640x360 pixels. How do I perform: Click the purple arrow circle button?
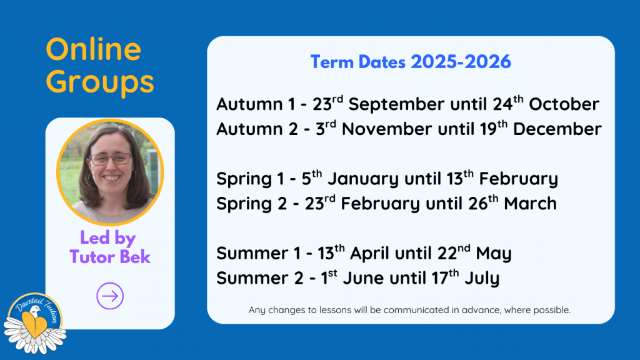pyautogui.click(x=110, y=296)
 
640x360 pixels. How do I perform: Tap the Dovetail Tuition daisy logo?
pyautogui.click(x=35, y=323)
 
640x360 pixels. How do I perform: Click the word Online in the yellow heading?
pyautogui.click(x=94, y=49)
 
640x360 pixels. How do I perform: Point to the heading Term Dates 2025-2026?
pyautogui.click(x=411, y=62)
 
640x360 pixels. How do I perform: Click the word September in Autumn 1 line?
pyautogui.click(x=396, y=104)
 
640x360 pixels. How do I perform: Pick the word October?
pyautogui.click(x=564, y=104)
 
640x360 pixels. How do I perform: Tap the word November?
pyautogui.click(x=386, y=129)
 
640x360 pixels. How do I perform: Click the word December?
pyautogui.click(x=557, y=129)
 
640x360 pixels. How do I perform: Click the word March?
pyautogui.click(x=530, y=203)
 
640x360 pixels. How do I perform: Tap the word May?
pyautogui.click(x=494, y=254)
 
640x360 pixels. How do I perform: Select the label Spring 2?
pyautogui.click(x=252, y=204)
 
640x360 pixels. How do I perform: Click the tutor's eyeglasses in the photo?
pyautogui.click(x=110, y=159)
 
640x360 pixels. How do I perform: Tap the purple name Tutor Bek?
pyautogui.click(x=110, y=257)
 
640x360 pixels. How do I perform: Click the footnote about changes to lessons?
pyautogui.click(x=409, y=310)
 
